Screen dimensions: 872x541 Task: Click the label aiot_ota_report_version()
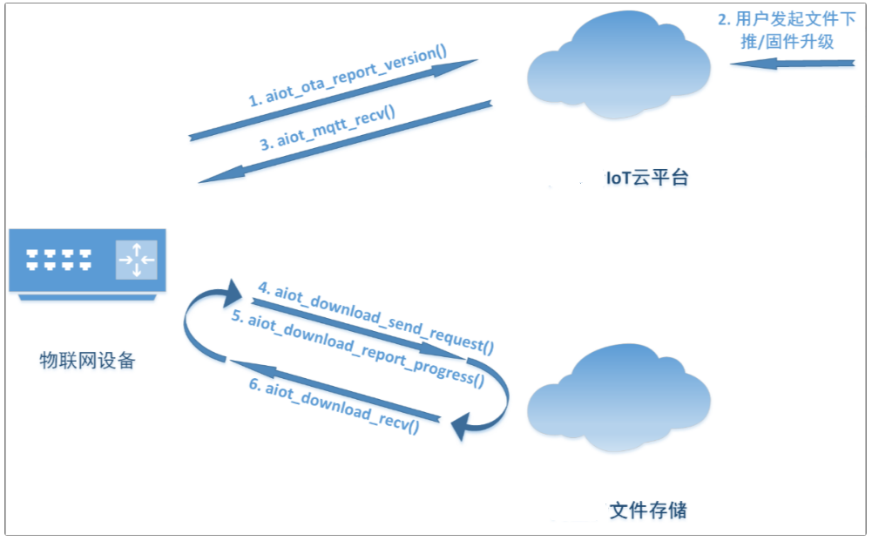pos(348,75)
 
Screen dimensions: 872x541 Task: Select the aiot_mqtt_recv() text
pos(328,128)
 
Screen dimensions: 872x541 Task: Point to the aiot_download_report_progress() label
pos(357,348)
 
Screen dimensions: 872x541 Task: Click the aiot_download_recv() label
pos(334,407)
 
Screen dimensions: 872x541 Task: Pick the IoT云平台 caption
pos(647,178)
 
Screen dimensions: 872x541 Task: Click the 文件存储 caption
pos(648,511)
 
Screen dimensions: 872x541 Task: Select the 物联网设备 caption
pos(87,361)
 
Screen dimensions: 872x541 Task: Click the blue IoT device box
pos(87,264)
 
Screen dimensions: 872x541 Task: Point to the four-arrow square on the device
pos(136,260)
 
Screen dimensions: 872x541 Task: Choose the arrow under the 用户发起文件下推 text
pos(792,64)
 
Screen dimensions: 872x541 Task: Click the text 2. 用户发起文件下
pos(787,19)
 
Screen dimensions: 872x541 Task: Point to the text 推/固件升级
pos(787,42)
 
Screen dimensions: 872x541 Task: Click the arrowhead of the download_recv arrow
pos(253,369)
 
